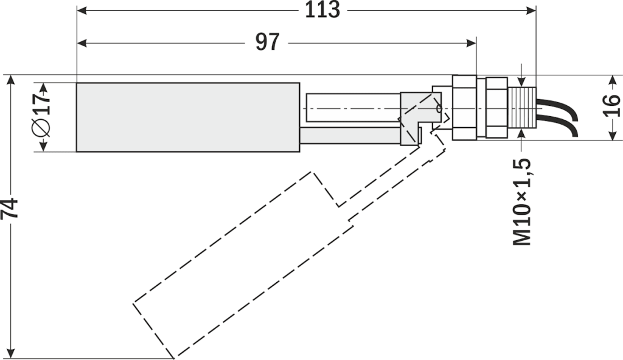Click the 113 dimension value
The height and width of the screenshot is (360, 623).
point(322,10)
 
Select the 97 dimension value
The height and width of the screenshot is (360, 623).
point(267,43)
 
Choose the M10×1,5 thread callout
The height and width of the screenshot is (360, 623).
point(522,201)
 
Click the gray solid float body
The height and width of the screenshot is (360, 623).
point(187,117)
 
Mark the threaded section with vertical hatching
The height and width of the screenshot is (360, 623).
point(522,108)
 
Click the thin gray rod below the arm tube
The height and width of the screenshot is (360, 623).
point(349,135)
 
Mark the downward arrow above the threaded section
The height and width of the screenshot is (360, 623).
point(522,80)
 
